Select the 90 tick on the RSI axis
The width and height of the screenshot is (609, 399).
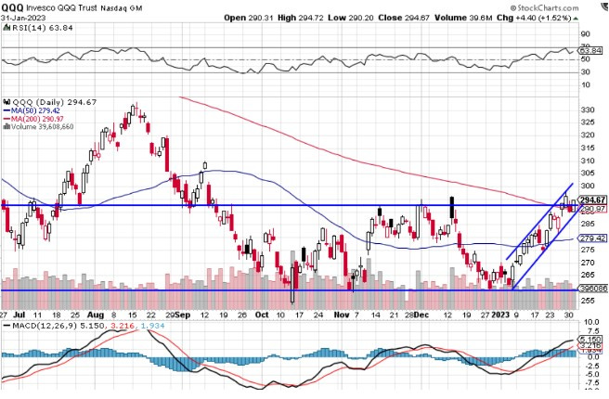click(x=586, y=33)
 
